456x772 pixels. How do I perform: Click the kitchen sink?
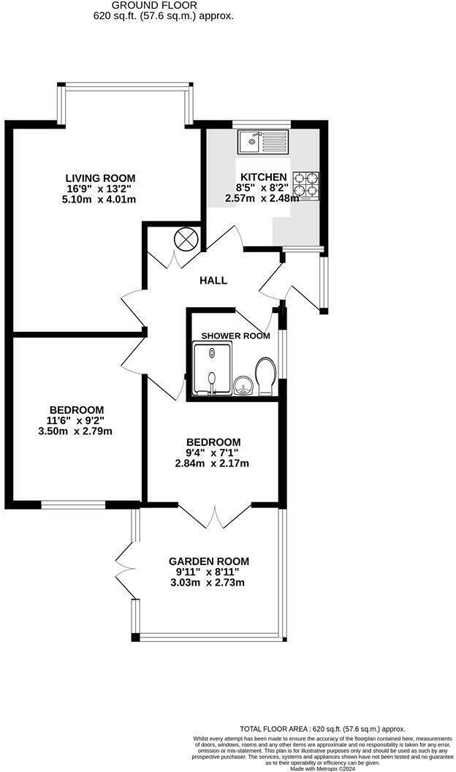pos(262,140)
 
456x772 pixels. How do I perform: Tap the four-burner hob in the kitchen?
pos(306,186)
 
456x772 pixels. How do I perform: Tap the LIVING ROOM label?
pos(100,178)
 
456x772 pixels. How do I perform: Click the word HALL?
pos(213,281)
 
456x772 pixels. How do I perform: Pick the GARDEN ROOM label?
pos(208,561)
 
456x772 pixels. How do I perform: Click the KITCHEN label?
pos(263,177)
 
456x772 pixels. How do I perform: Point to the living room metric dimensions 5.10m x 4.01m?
pos(100,199)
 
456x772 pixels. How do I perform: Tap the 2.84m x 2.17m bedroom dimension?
pos(212,463)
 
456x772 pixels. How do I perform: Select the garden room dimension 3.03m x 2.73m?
pos(208,583)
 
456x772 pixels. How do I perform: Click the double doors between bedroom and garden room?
pos(215,515)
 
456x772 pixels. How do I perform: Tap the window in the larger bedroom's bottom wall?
pos(73,504)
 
